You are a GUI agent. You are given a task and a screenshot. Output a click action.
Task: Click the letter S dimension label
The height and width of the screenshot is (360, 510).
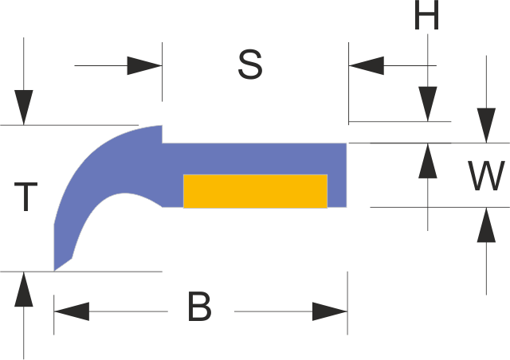coord(250,65)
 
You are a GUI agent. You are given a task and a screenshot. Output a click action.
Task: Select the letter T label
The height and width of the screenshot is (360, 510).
coord(26,197)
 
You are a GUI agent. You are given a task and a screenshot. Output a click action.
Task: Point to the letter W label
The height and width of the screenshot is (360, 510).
coord(485,176)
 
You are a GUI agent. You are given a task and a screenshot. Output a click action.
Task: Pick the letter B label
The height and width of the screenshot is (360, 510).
coord(199,307)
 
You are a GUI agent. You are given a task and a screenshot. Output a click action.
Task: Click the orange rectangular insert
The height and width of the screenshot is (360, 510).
coord(255,191)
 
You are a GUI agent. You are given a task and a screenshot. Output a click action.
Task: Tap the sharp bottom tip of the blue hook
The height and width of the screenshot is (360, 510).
coord(55,270)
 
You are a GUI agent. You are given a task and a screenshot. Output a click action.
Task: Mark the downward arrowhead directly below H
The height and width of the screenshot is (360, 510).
coord(428,104)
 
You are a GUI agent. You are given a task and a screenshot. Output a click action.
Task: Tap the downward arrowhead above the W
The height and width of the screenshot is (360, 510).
coord(485,126)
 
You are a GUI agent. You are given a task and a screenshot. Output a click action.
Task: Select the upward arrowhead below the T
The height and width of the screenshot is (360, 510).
coord(24,289)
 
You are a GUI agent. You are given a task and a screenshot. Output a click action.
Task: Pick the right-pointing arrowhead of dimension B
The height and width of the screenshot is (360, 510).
coord(329,311)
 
